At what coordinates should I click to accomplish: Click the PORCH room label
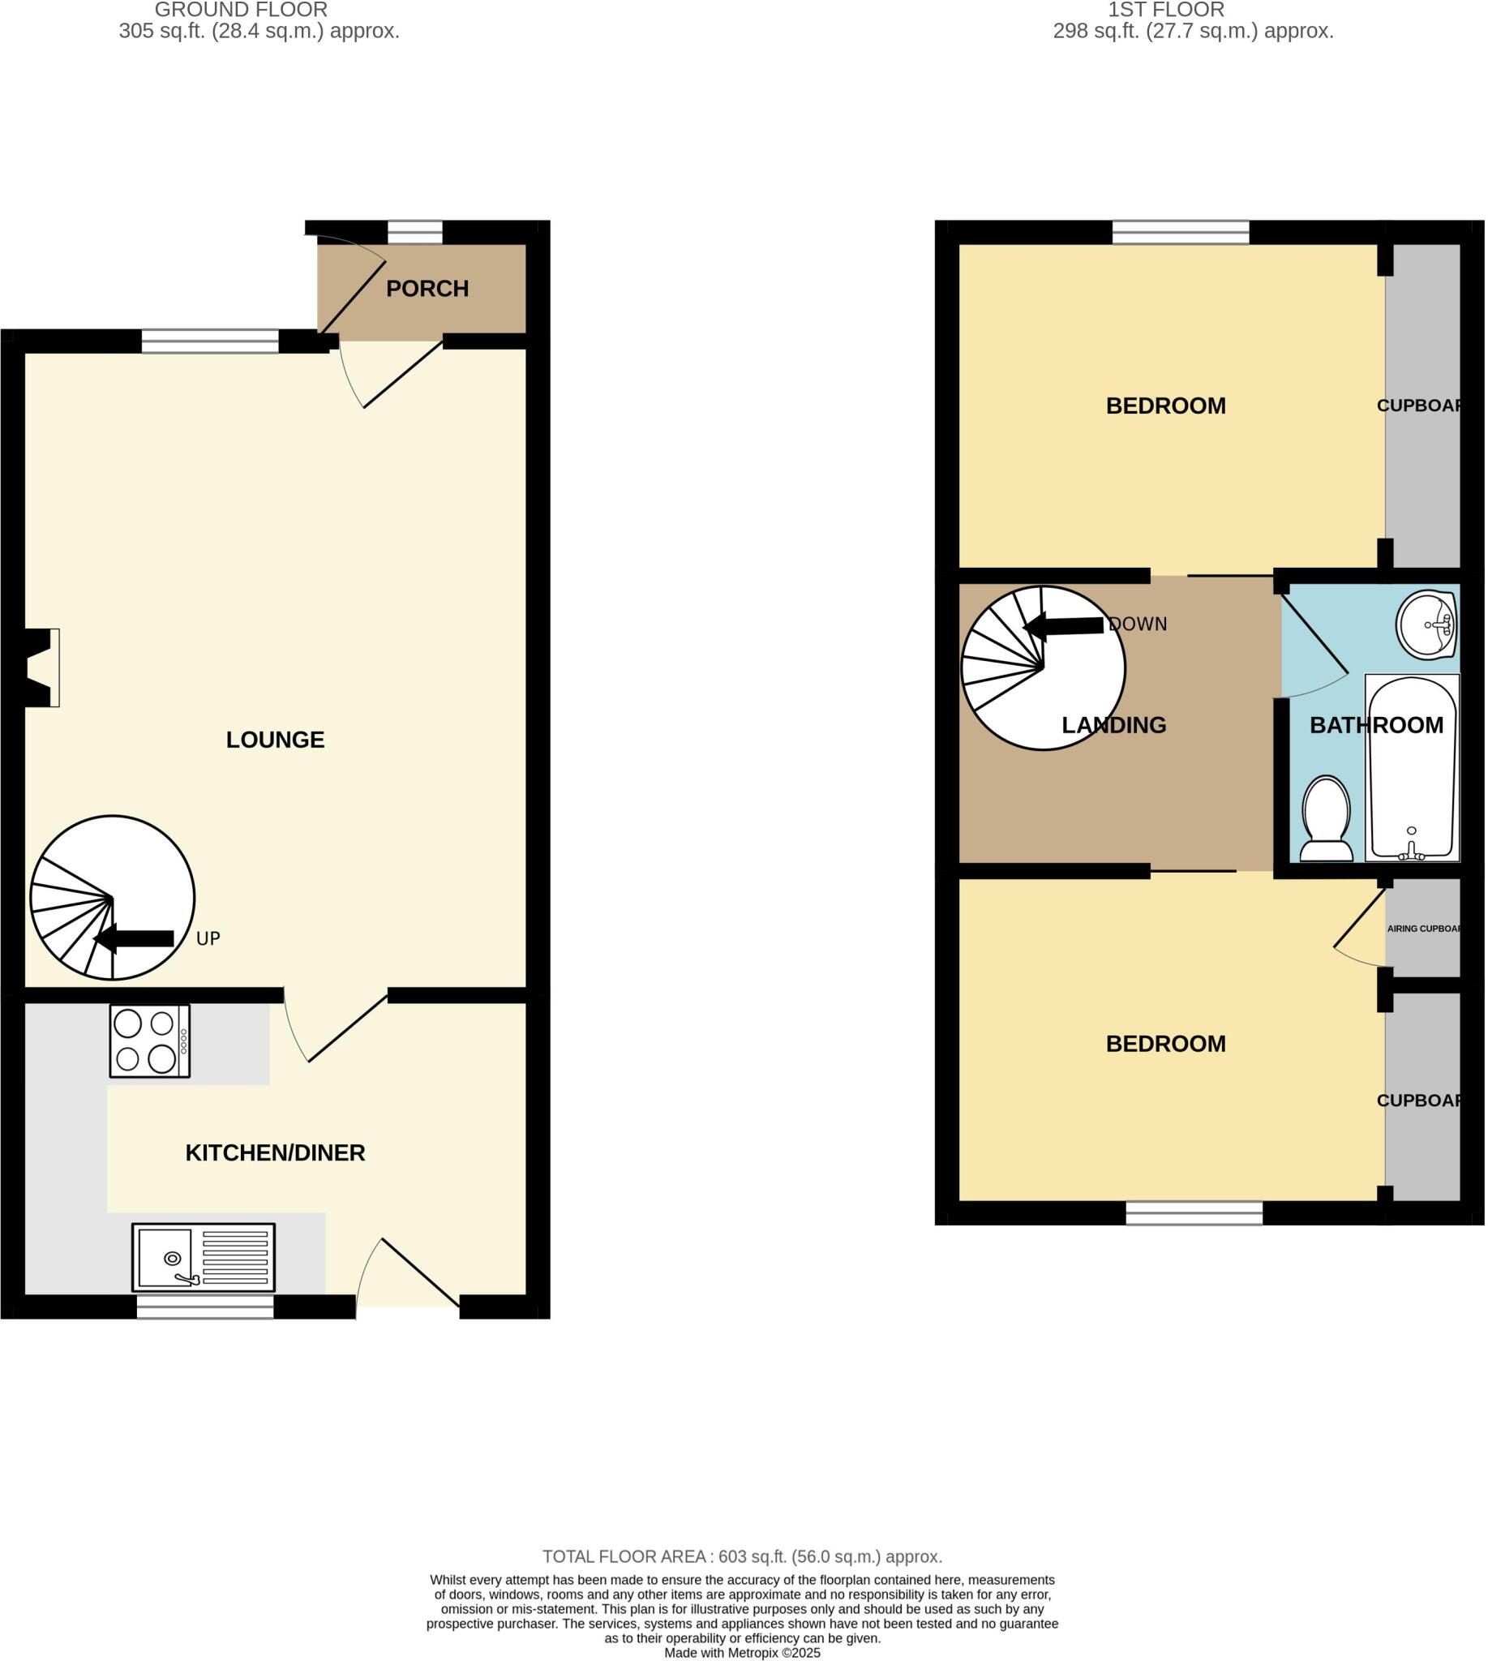(427, 289)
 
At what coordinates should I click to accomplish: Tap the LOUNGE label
(275, 740)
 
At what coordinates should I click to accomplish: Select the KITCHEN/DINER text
(275, 1153)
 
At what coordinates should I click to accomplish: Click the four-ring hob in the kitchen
(150, 1041)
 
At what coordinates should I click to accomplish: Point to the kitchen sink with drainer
(204, 1257)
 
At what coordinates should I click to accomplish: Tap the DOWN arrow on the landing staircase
(1064, 626)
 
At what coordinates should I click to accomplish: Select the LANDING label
(1113, 725)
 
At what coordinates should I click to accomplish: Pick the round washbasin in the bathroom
(1426, 624)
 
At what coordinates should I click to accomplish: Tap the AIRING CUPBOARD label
(1423, 929)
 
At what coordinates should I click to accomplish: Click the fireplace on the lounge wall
(41, 667)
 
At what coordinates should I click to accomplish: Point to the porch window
(414, 232)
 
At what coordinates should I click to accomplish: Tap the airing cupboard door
(1359, 932)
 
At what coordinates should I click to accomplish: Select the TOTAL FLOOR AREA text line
(742, 1557)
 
